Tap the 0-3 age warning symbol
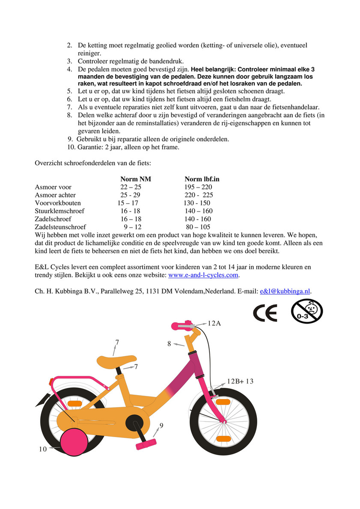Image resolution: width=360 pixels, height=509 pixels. pos(306,311)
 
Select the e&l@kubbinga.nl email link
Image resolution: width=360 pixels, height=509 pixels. pos(285,291)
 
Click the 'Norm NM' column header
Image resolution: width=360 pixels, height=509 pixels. pos(135,179)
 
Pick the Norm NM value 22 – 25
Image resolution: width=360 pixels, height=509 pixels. pos(131,187)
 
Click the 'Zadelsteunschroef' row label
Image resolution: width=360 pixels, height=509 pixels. pos(60,227)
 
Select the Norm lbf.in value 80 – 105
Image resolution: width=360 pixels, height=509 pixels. pos(198,227)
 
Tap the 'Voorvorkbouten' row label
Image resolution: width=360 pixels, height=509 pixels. pos(58,203)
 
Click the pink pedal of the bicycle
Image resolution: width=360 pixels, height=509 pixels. pos(146,445)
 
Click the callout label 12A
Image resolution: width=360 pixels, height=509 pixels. pos(214,323)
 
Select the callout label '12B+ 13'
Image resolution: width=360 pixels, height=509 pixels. pos(240,381)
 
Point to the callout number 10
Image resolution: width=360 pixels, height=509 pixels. pos(42,449)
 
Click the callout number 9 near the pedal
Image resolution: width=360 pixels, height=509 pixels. pos(161,426)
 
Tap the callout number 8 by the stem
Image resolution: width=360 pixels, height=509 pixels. pos(169,343)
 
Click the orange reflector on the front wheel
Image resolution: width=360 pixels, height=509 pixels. pos(223,438)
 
